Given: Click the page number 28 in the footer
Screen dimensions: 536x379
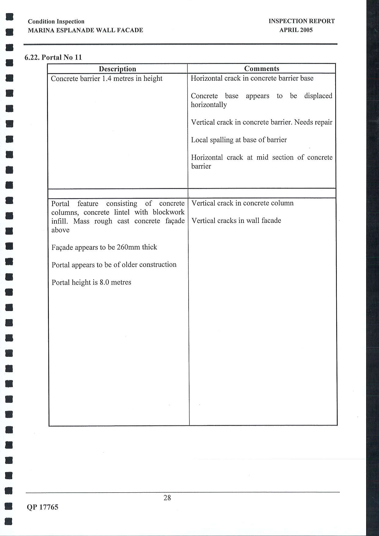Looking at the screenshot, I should point(167,498).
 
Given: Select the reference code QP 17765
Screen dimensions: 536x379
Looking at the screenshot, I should point(42,507).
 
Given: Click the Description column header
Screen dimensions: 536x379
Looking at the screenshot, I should point(117,69).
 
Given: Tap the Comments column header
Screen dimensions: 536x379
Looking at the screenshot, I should point(262,68).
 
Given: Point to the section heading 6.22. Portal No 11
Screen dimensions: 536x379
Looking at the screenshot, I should point(53,57).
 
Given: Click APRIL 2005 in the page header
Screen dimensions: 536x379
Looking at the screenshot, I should point(296,30).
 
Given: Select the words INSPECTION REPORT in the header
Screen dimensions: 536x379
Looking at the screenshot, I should point(302,21).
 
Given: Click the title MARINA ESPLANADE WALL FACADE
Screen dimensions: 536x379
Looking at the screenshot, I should point(85,30).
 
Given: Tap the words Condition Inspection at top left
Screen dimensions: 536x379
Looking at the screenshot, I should point(56,21).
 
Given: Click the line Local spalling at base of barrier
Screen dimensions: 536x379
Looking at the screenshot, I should point(239,140).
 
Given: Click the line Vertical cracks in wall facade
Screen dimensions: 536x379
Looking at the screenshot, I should point(236,220).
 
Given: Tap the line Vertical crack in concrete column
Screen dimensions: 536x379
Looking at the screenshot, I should point(242,203).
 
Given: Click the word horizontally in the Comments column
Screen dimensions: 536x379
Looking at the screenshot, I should point(209,105).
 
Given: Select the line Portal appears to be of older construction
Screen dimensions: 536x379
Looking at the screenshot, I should point(114,264).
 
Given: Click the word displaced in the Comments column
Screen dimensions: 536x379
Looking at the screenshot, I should point(318,96).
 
